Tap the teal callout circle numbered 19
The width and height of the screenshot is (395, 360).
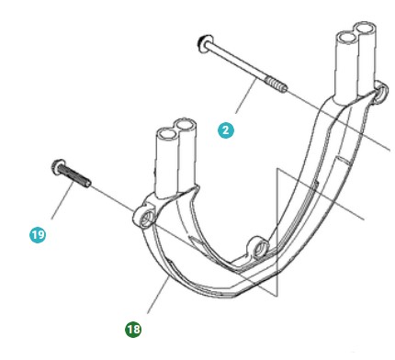pos(37,235)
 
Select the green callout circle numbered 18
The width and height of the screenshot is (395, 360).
pos(133,328)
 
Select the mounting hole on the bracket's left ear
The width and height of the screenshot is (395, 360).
pos(143,217)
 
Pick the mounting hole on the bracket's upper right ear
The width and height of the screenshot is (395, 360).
pos(379,95)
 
